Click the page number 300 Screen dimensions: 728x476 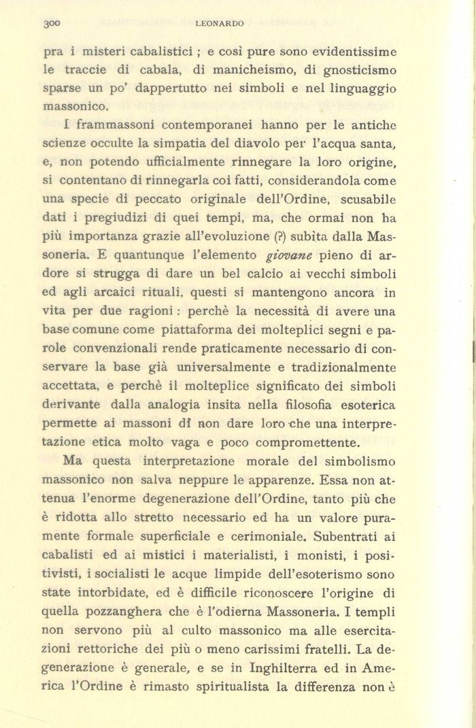[52, 23]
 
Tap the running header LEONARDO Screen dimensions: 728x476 [219, 23]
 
